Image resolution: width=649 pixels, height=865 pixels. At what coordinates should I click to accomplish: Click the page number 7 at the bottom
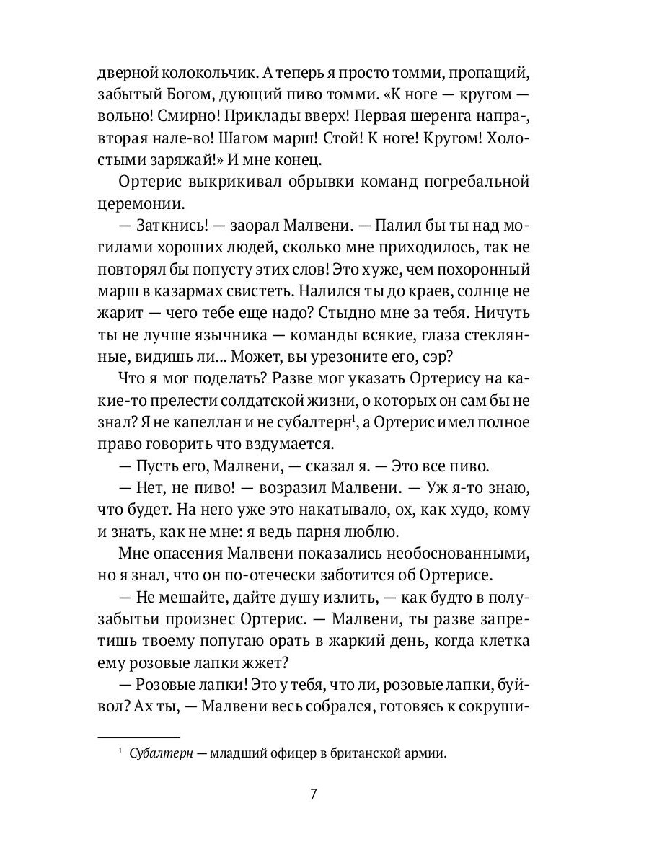313,794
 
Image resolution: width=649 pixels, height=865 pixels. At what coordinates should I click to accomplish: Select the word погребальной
471,181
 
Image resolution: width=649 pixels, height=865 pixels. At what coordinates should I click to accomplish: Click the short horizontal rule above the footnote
138,738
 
